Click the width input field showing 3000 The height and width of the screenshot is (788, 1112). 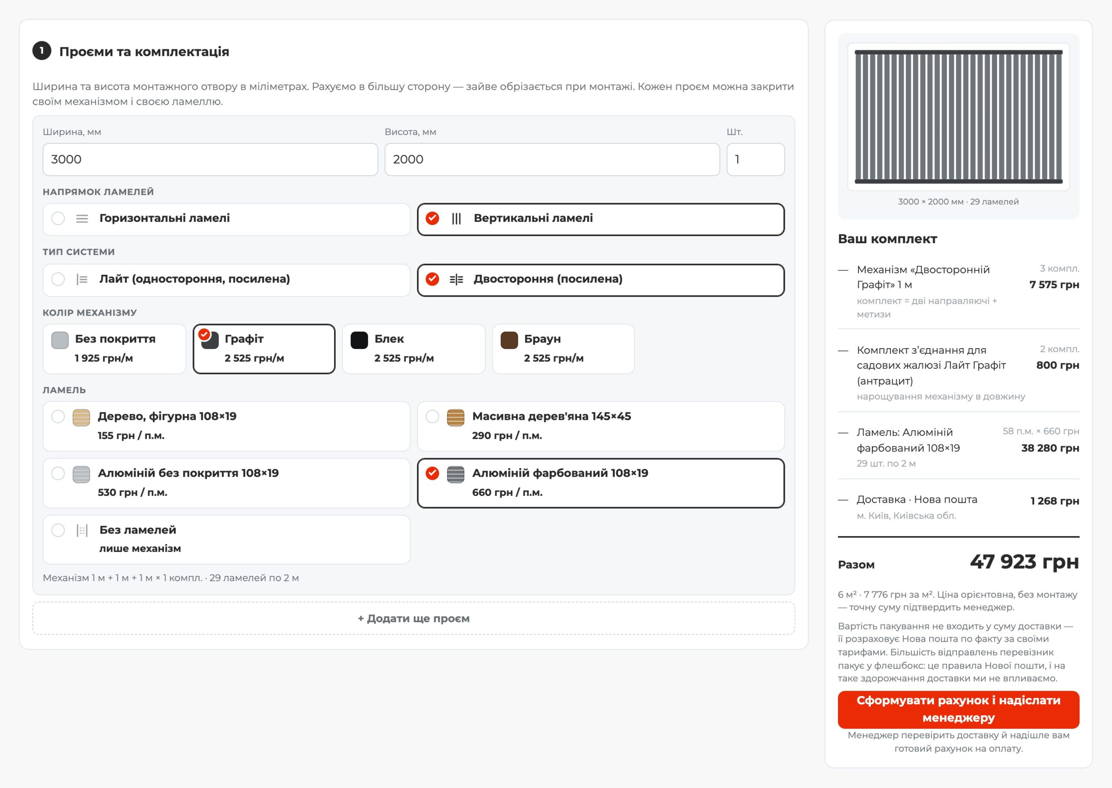click(210, 159)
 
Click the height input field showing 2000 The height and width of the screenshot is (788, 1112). click(552, 159)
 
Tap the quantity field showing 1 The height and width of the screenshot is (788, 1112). click(755, 159)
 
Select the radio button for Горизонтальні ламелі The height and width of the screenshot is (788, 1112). click(58, 218)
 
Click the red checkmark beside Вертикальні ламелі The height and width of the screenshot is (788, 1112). click(433, 218)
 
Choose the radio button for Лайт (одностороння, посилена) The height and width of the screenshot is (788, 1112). click(58, 279)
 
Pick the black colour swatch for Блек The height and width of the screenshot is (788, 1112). click(359, 340)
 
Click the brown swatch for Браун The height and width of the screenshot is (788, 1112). click(509, 340)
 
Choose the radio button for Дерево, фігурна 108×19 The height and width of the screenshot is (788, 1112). click(58, 416)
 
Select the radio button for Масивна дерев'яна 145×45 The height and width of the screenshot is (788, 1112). click(433, 416)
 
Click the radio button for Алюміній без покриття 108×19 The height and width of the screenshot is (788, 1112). click(58, 473)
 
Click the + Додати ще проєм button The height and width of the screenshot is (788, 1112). click(414, 618)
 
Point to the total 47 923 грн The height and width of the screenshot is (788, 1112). click(1024, 562)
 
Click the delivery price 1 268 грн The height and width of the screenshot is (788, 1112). click(1055, 501)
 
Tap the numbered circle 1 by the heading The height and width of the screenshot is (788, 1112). click(42, 50)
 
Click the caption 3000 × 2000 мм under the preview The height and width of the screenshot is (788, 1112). click(930, 201)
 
